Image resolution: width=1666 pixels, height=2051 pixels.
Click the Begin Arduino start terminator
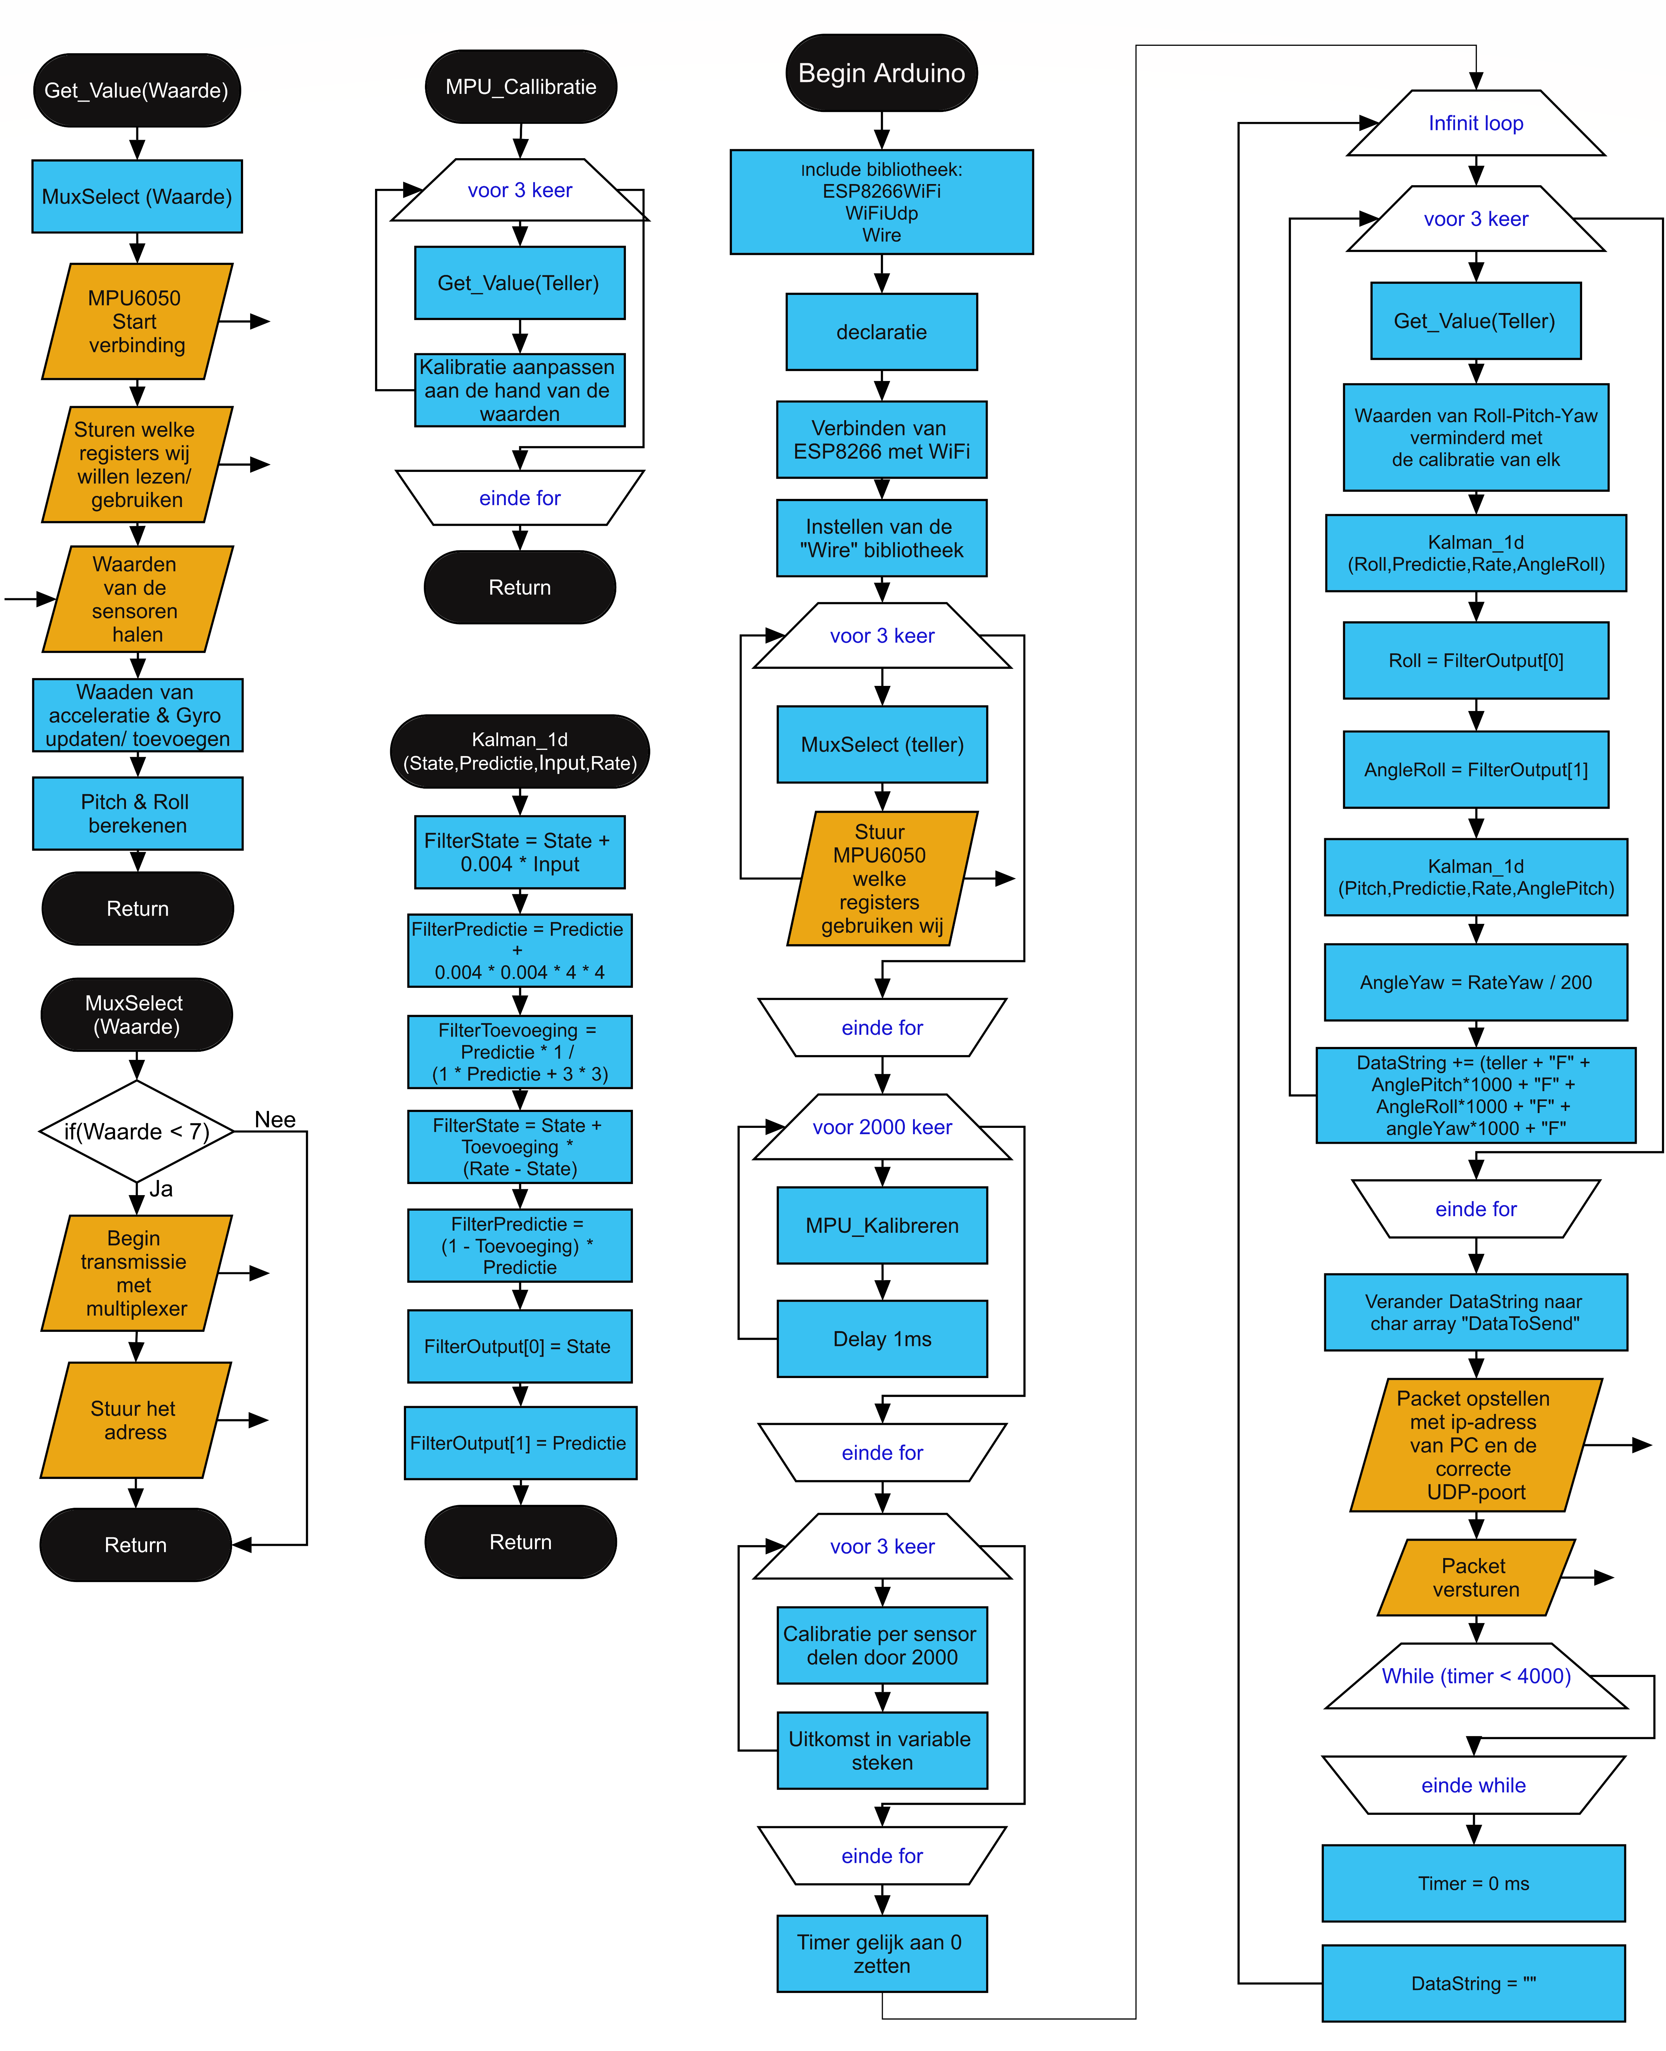pos(881,73)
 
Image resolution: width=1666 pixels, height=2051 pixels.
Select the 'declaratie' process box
pos(881,332)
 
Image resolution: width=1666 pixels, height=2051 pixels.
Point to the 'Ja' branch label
pos(161,1189)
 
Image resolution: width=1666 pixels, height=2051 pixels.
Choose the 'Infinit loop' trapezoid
pos(1475,123)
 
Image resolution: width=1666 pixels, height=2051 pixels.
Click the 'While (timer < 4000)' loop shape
pos(1475,1676)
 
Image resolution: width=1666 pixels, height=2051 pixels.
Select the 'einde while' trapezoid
pos(1473,1785)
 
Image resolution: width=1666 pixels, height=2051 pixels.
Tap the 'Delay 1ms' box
pos(881,1339)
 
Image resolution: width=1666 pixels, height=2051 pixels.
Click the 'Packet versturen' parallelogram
pos(1475,1578)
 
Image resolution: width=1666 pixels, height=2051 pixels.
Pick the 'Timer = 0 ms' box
pos(1473,1883)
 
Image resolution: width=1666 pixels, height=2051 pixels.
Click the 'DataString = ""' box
pos(1473,1983)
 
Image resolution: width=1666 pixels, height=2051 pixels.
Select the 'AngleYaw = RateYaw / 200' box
pos(1475,982)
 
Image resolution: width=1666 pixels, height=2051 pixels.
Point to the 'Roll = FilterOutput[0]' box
pos(1475,660)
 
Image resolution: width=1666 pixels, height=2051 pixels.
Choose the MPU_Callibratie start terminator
pos(520,86)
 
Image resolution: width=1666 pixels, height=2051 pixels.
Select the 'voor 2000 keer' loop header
pos(881,1127)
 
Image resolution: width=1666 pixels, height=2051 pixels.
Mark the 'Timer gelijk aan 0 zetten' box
pos(881,1953)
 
